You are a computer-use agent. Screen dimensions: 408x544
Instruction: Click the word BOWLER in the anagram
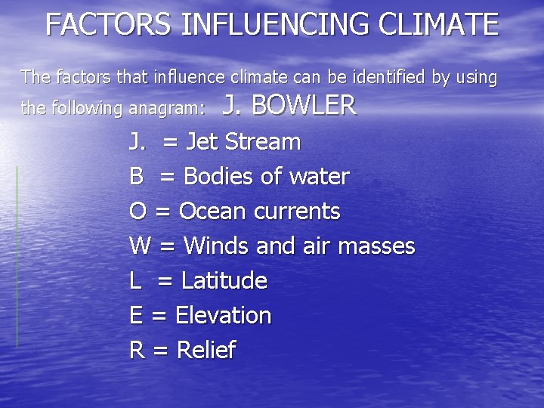click(x=304, y=107)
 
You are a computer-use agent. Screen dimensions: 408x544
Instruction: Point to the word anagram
click(x=165, y=109)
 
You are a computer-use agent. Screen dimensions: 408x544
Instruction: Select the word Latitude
click(x=224, y=281)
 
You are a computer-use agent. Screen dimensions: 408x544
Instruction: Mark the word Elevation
click(x=223, y=315)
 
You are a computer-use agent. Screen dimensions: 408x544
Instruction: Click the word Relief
click(x=206, y=350)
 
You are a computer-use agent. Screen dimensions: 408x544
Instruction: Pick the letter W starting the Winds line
click(x=140, y=246)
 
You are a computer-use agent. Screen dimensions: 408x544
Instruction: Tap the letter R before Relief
click(x=137, y=350)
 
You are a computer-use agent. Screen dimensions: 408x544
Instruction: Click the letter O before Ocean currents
click(x=138, y=212)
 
